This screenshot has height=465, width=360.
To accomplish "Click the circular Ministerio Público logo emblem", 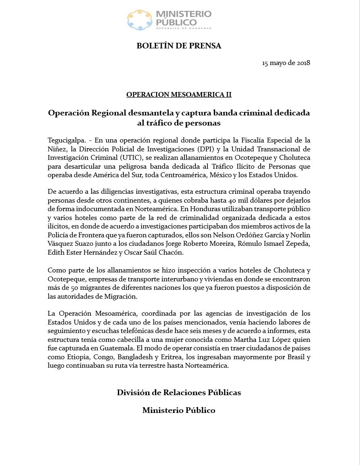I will pyautogui.click(x=139, y=20).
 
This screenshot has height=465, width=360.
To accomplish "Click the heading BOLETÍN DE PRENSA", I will pyautogui.click(x=179, y=46).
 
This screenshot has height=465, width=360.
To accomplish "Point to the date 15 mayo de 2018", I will pyautogui.click(x=286, y=63).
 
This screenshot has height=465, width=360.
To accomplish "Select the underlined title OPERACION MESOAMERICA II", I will pyautogui.click(x=179, y=94).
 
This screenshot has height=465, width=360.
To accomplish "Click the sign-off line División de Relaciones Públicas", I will pyautogui.click(x=179, y=392).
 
